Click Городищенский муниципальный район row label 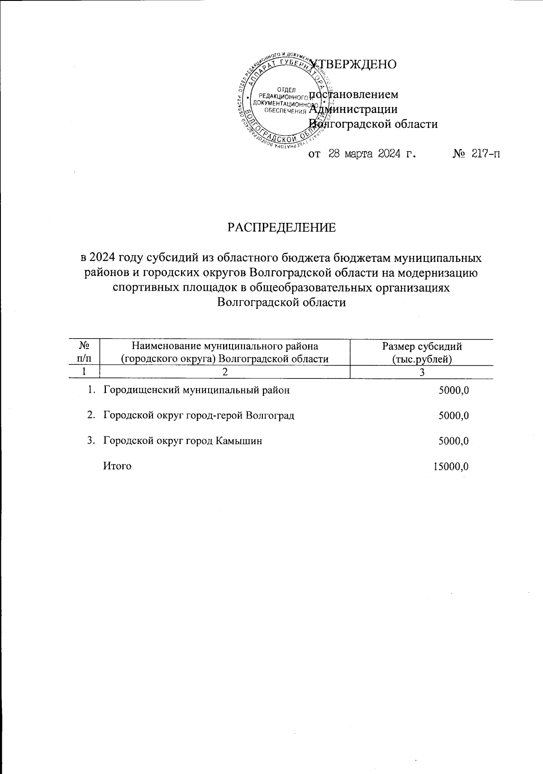[196, 390]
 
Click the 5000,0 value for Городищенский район [453, 390]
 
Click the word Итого [118, 466]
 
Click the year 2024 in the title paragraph [103, 258]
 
